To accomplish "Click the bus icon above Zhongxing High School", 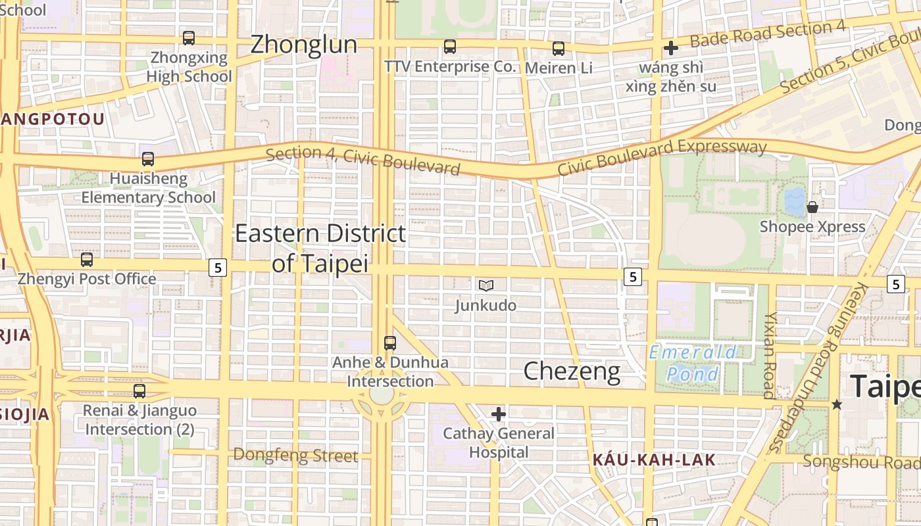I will point(189,38).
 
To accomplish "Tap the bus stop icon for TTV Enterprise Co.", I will point(450,47).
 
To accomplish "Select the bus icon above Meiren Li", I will point(559,48).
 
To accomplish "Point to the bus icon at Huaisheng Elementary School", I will point(148,159).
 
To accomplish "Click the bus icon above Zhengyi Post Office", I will point(87,260).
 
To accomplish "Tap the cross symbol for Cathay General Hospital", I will point(499,414).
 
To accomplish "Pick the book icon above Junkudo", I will point(486,285).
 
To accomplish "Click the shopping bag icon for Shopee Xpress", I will point(812,207).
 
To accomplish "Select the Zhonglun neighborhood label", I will point(304,45).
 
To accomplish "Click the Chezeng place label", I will point(572,371).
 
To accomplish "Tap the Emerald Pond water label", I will point(693,364).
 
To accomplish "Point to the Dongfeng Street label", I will point(296,455).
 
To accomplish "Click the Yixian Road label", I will point(770,355).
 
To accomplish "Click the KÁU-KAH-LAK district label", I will point(654,460).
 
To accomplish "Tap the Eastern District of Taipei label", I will point(320,248).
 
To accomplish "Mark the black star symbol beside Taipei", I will point(837,404).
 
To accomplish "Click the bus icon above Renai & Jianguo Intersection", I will point(139,391).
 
